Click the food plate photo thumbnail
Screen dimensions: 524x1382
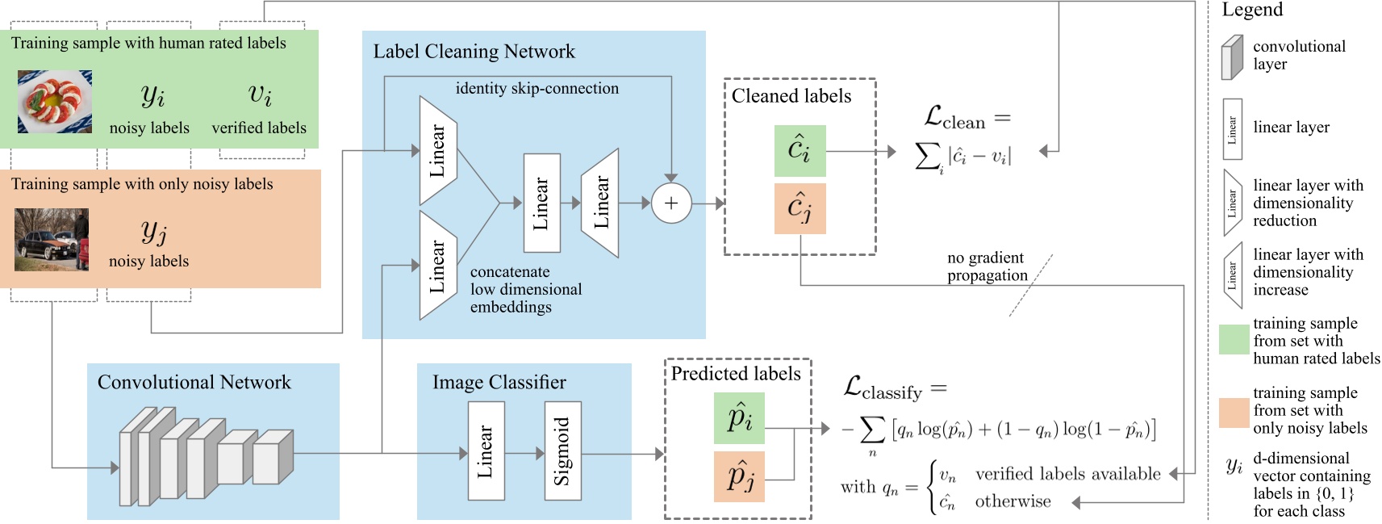tap(55, 101)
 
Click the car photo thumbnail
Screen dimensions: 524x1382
tap(52, 240)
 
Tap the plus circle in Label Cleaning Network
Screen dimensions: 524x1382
tap(670, 203)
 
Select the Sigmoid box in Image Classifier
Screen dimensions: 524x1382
tap(562, 451)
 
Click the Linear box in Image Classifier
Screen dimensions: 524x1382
tap(486, 451)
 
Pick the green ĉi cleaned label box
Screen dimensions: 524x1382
tap(800, 151)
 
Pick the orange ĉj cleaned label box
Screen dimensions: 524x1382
tap(800, 208)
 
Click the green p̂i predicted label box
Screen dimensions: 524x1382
tap(738, 418)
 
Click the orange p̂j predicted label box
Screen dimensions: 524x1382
tap(738, 476)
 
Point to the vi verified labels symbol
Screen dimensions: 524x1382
tap(260, 95)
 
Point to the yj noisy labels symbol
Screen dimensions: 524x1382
tap(153, 232)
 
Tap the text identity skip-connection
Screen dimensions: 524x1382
tap(537, 89)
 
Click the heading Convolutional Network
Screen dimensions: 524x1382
tap(194, 382)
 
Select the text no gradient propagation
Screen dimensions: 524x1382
tap(986, 266)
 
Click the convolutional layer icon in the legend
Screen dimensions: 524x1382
tap(1231, 57)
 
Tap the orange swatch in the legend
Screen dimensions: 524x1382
tap(1234, 412)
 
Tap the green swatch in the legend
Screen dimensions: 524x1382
tap(1234, 340)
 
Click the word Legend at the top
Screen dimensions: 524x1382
tap(1251, 10)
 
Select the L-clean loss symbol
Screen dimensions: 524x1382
tap(955, 119)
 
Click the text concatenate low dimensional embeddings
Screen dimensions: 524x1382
tap(525, 289)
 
